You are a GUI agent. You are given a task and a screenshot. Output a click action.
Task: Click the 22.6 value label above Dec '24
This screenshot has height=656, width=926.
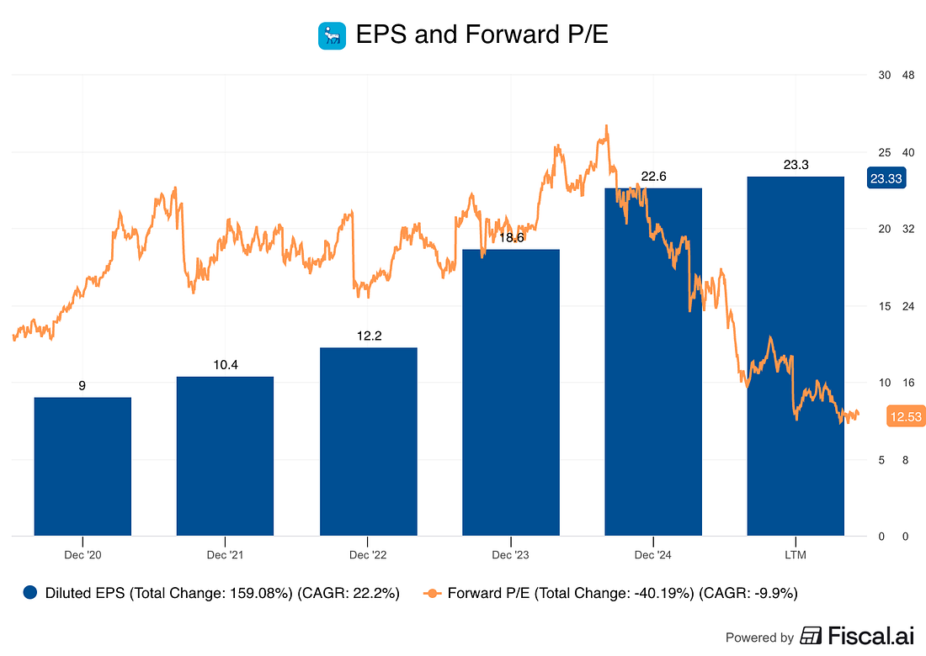[653, 176]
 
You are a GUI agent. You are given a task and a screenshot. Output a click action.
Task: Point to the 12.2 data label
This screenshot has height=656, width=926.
[368, 336]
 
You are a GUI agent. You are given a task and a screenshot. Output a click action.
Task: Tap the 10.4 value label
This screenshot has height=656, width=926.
[225, 364]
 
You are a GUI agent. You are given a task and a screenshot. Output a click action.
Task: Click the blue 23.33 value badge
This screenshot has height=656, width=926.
[886, 178]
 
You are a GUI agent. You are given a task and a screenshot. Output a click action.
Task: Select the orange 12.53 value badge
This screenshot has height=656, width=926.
[905, 416]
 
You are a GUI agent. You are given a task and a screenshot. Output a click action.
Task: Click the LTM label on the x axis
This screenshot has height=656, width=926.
[796, 555]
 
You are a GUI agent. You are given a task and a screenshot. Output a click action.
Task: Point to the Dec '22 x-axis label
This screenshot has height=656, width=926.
[368, 555]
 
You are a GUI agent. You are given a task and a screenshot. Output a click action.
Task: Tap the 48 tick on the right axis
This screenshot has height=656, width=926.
[908, 75]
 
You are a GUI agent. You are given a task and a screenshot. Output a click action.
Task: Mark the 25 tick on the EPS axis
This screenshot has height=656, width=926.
[884, 152]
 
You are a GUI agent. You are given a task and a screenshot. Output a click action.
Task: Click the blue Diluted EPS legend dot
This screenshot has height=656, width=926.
[31, 592]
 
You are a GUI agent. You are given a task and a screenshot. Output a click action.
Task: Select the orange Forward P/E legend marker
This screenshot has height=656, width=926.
[433, 592]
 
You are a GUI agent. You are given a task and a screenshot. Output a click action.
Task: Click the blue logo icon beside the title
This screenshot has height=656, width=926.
[331, 35]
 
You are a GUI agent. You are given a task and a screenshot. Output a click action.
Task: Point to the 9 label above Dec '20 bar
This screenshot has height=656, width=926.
[82, 385]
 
